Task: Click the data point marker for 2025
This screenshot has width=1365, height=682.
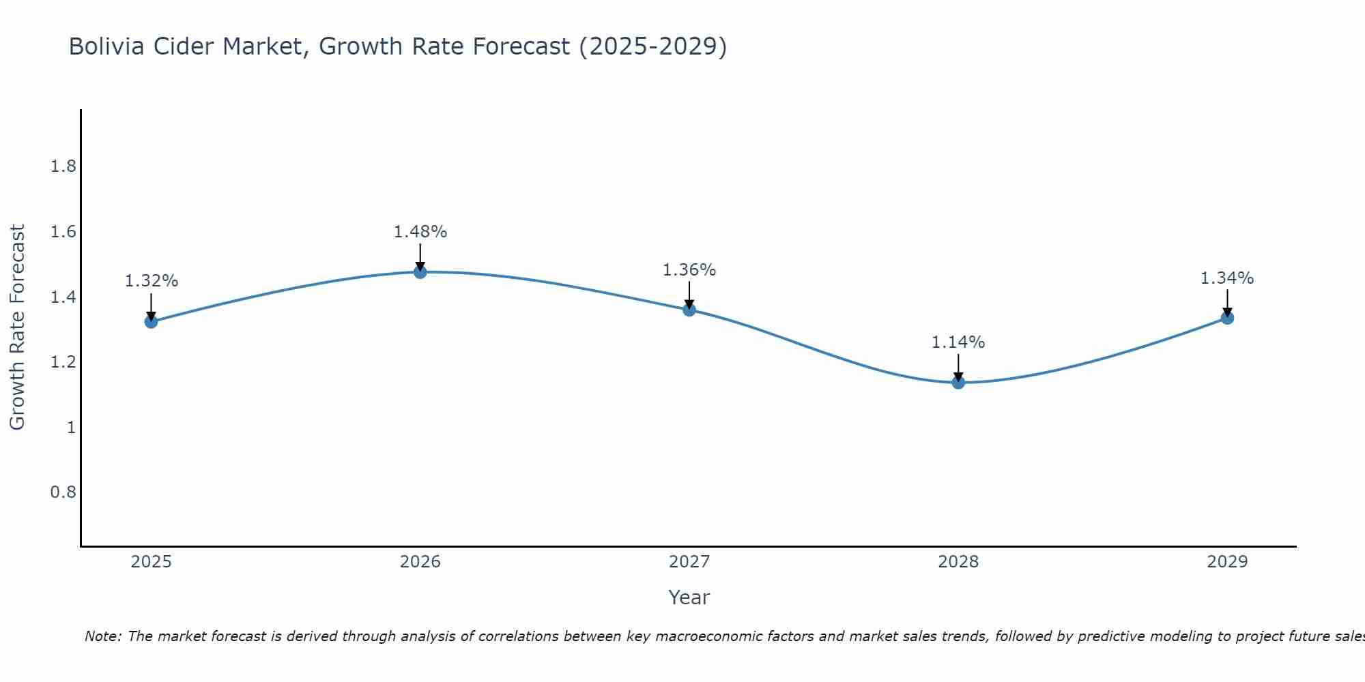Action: [x=151, y=321]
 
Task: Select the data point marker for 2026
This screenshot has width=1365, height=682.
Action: [x=420, y=272]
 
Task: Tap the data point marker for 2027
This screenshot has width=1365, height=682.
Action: [x=689, y=310]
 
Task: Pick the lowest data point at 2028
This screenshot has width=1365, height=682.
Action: [x=958, y=382]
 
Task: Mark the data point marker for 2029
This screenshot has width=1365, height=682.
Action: [x=1227, y=318]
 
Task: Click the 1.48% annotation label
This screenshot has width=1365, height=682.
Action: [x=420, y=232]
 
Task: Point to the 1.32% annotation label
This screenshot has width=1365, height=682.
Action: [x=152, y=281]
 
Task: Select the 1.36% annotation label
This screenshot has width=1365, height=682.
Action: [x=689, y=270]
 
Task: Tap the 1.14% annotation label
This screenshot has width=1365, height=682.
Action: [x=958, y=342]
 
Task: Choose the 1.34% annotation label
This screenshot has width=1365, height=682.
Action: [x=1227, y=278]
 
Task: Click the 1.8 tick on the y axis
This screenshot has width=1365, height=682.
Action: [x=63, y=166]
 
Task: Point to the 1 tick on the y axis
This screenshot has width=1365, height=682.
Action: [x=70, y=428]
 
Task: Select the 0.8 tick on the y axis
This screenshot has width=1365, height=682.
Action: [x=63, y=492]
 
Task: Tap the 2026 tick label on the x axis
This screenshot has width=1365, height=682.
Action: [x=420, y=562]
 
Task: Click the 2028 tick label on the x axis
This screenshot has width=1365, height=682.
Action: [x=958, y=562]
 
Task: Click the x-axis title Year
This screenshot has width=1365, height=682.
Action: [x=689, y=597]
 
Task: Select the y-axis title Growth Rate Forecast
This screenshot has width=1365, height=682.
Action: [x=17, y=327]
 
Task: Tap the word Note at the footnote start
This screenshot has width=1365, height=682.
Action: [x=102, y=636]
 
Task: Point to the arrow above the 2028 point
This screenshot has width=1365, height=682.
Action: [x=958, y=367]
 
